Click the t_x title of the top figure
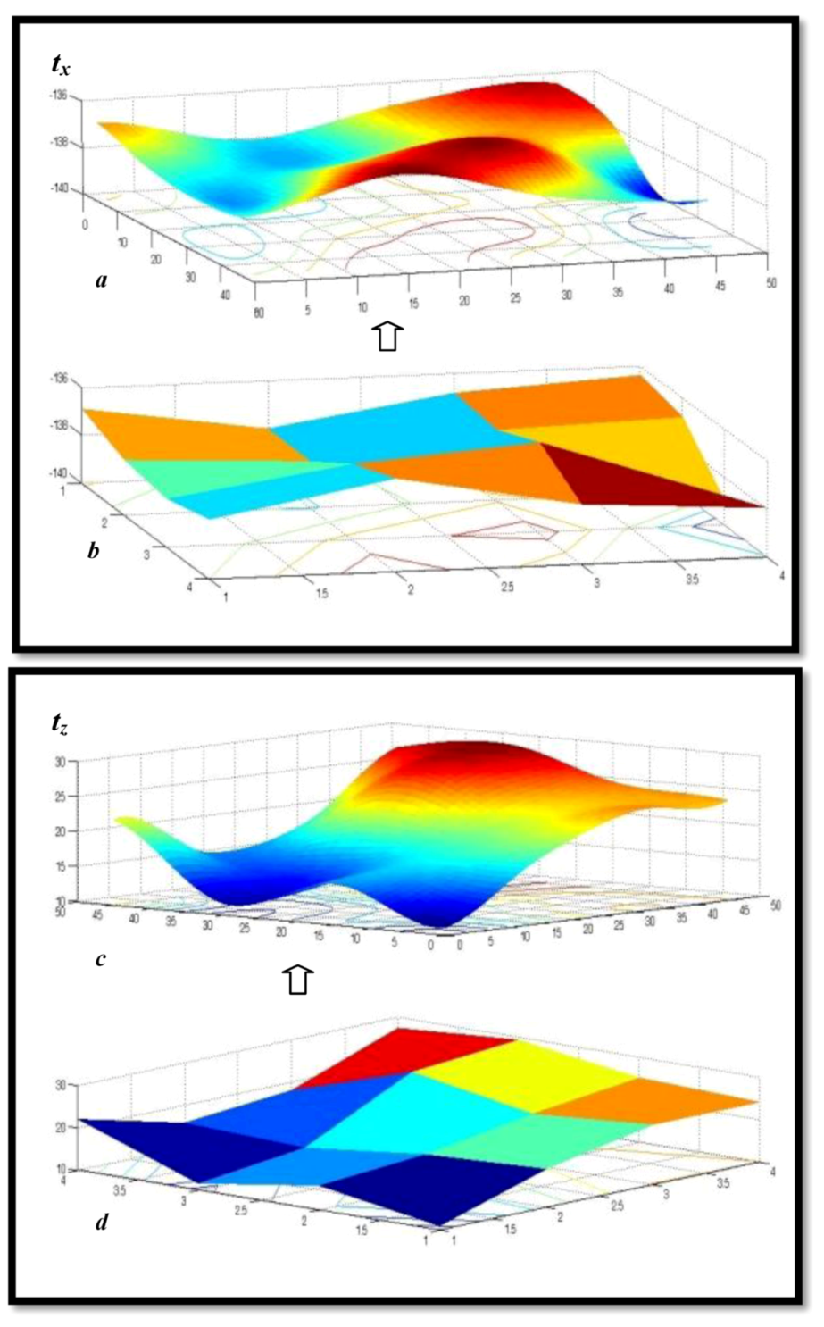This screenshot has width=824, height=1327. pyautogui.click(x=62, y=65)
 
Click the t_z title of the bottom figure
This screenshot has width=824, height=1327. pyautogui.click(x=61, y=722)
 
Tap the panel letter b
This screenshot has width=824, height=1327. pyautogui.click(x=94, y=551)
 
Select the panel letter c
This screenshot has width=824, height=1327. pyautogui.click(x=101, y=959)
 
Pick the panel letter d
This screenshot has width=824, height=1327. pyautogui.click(x=102, y=1222)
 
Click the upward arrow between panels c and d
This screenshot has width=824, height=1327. pyautogui.click(x=298, y=980)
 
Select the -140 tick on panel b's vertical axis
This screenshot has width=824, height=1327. pyautogui.click(x=66, y=473)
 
